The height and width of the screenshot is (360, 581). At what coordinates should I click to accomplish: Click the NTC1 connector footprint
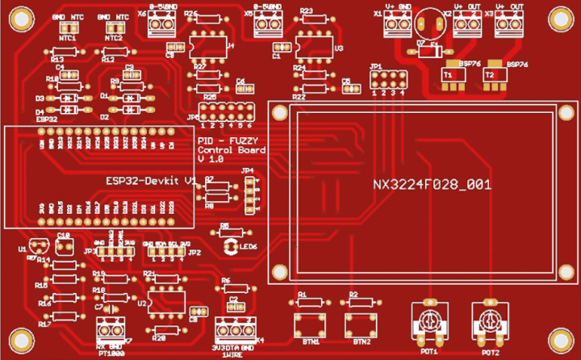point(68,27)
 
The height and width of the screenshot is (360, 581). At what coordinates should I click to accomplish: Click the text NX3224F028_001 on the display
point(432,185)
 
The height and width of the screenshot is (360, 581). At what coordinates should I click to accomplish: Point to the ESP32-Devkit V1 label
point(151,180)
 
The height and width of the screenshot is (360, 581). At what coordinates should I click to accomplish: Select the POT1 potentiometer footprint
point(427,320)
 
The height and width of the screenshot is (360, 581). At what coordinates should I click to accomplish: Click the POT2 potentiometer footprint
point(489,320)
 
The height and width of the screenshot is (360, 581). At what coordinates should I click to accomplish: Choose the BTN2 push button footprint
point(357,325)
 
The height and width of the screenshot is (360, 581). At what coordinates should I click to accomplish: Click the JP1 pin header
point(387,80)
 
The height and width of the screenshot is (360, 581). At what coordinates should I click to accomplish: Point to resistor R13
point(64,51)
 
